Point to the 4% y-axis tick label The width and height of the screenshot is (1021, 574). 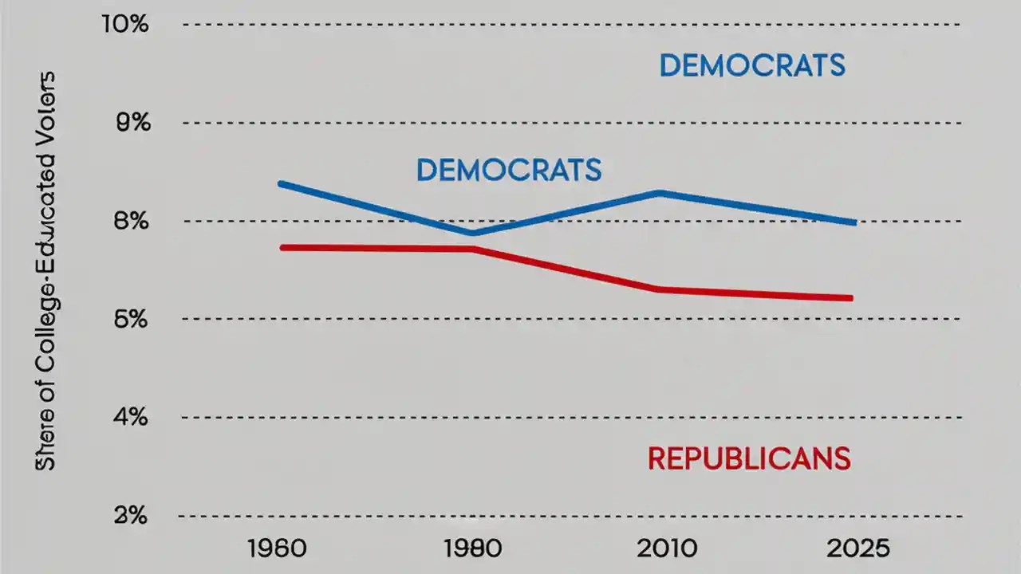click(127, 417)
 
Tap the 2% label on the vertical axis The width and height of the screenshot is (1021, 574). click(127, 516)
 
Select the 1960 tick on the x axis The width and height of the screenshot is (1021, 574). click(280, 549)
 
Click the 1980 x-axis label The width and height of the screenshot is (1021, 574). click(473, 549)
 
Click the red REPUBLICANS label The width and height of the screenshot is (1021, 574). click(748, 459)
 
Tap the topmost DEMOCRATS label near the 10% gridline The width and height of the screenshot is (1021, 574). click(751, 66)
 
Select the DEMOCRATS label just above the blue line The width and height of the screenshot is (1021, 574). click(509, 170)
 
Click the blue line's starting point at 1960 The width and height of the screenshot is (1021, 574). click(281, 184)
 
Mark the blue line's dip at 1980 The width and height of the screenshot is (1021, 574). click(473, 233)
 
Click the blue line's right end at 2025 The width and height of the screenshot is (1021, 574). click(853, 222)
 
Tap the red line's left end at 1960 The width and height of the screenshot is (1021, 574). click(282, 248)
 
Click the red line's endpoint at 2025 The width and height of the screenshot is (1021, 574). click(850, 298)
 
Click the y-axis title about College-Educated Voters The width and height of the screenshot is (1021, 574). click(46, 271)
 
